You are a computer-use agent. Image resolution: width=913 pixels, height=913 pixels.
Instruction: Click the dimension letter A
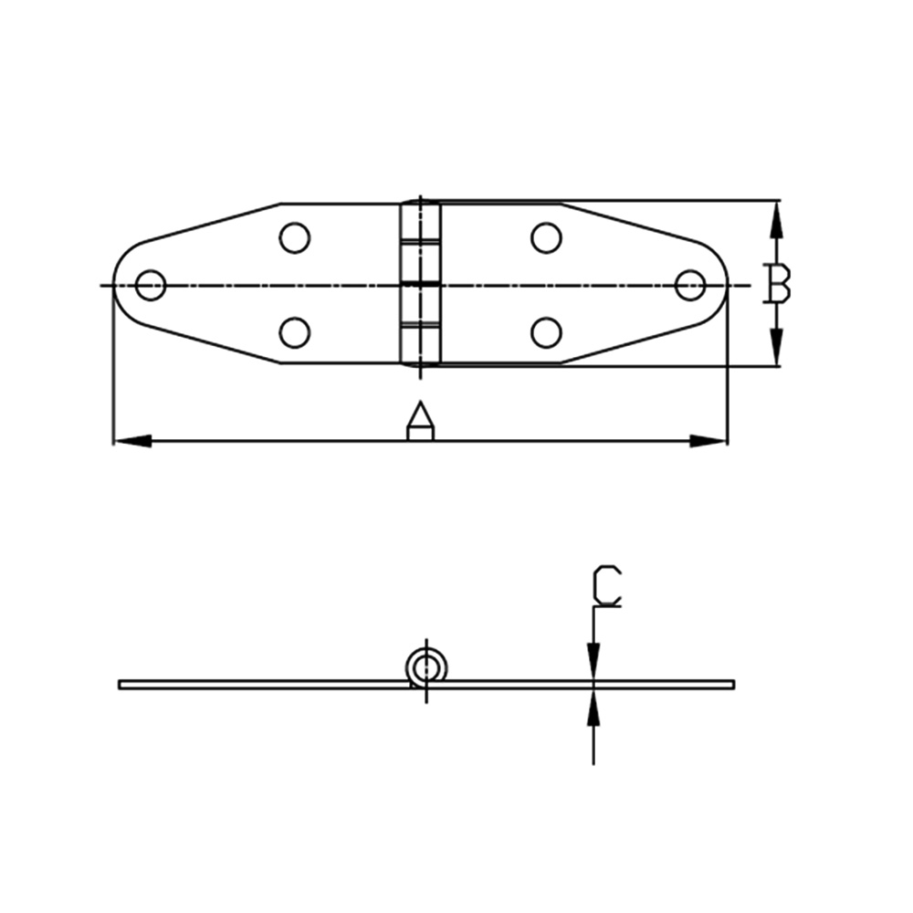(x=420, y=420)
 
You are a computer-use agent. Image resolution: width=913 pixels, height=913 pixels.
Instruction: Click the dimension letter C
(x=607, y=586)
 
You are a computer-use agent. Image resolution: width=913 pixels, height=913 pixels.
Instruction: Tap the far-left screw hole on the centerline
(x=151, y=285)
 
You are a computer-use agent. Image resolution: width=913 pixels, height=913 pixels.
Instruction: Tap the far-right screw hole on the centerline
(x=690, y=285)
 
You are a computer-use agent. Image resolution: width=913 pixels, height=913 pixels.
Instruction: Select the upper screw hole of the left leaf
(x=295, y=237)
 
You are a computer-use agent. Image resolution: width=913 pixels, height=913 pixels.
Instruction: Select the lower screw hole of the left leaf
(x=295, y=333)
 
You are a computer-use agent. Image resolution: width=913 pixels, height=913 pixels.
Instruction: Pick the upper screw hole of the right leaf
(x=546, y=237)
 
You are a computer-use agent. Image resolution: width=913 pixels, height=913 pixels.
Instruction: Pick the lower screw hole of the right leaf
(x=546, y=333)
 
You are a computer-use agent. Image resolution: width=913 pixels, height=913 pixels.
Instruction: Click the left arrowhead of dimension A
(x=131, y=441)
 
